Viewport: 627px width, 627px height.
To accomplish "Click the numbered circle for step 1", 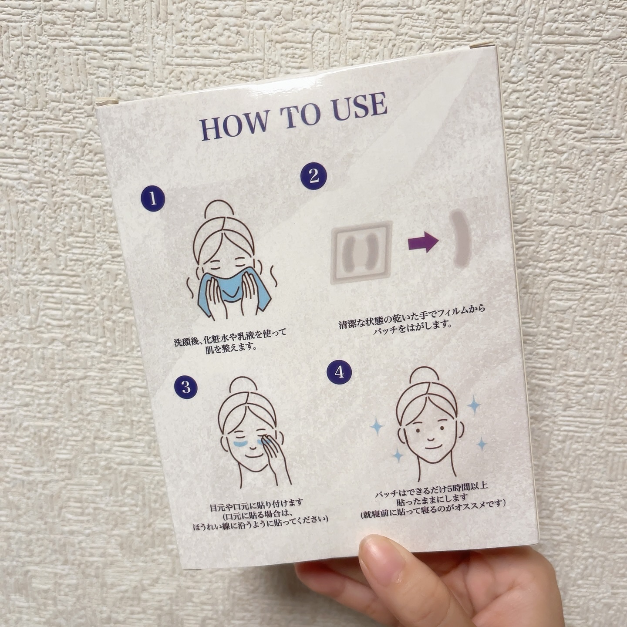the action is coord(153,199).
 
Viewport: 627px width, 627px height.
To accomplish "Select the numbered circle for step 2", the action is coord(313,176).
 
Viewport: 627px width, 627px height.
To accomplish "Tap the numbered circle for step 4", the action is coord(339,371).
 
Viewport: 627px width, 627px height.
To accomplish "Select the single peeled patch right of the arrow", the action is coord(461,237).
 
